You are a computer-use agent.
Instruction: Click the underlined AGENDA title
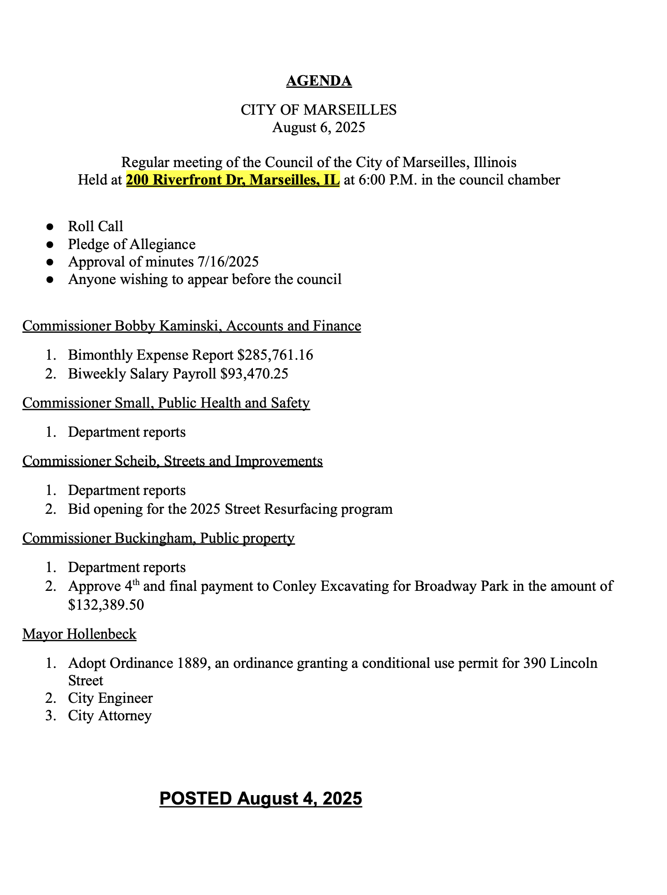pos(319,81)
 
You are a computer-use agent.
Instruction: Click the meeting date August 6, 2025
pos(319,128)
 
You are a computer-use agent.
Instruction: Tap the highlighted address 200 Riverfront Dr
pos(233,180)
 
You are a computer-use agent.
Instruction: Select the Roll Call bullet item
pos(95,227)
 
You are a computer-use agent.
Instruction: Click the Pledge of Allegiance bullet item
pos(132,244)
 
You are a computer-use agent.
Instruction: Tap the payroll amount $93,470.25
pos(254,374)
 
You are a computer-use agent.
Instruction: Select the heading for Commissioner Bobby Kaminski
pos(192,326)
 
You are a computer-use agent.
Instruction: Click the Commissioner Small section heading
pos(166,403)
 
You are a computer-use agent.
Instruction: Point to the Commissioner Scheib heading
pos(172,461)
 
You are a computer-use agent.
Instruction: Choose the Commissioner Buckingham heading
pos(158,538)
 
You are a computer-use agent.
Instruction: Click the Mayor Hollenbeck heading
pos(79,634)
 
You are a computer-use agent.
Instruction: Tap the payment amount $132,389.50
pos(106,605)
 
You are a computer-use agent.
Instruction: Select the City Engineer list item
pos(110,698)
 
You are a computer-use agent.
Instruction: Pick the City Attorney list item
pos(110,716)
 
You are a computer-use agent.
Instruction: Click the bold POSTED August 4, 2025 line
pos(261,799)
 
